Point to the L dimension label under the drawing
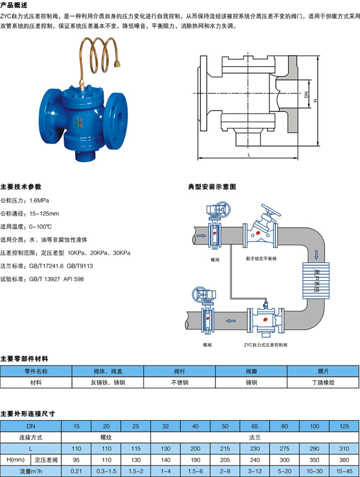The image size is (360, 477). click(249, 154)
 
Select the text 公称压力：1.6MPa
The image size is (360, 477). click(25, 200)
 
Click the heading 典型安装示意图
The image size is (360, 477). click(212, 187)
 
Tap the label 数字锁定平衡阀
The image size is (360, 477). click(261, 259)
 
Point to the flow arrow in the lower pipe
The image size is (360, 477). click(231, 321)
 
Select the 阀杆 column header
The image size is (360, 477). click(179, 371)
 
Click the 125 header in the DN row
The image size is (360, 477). click(342, 426)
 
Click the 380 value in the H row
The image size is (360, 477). click(342, 460)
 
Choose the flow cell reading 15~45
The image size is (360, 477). click(342, 472)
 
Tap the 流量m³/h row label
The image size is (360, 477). click(31, 472)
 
